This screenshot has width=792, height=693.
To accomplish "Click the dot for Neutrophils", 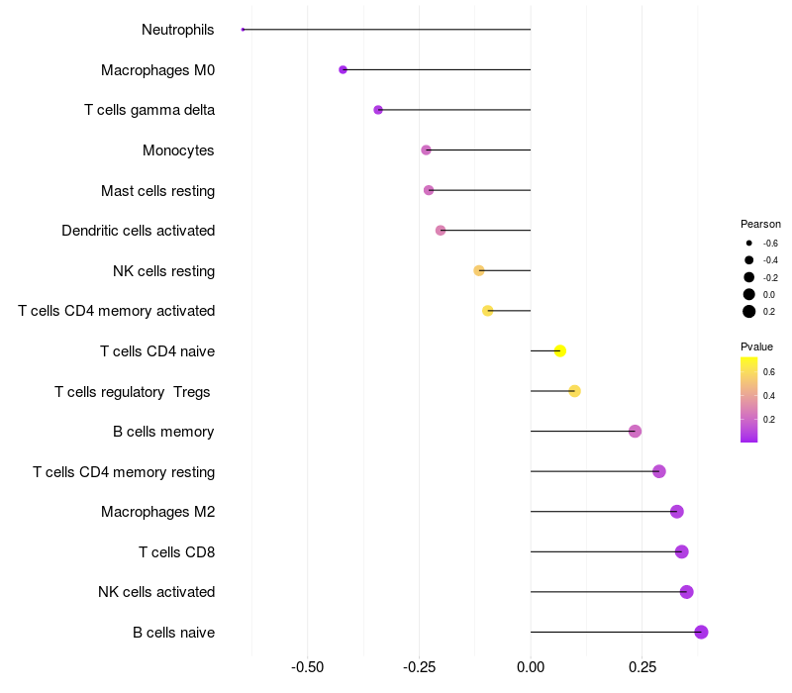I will (243, 30).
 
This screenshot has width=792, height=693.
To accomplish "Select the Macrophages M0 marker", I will (343, 69).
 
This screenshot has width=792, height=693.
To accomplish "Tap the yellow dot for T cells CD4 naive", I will (560, 350).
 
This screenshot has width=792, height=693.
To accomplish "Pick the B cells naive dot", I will (701, 632).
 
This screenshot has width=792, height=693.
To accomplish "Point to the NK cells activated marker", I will (686, 592).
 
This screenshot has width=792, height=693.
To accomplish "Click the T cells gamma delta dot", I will (378, 110).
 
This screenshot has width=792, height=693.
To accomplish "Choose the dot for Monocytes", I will (426, 150).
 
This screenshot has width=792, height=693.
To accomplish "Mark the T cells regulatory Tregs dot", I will (574, 391).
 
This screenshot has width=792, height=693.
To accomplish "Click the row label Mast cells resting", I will (157, 190).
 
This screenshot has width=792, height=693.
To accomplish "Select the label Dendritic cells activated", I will (138, 231).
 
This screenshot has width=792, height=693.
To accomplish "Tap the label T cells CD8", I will (176, 551).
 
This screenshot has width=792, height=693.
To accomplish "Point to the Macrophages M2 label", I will (157, 512).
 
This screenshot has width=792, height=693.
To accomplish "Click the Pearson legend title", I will (760, 224).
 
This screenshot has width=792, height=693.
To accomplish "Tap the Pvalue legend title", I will (756, 346).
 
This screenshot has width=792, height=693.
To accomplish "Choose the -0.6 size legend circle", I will (749, 243).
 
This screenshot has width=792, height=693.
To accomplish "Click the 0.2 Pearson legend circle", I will (749, 311).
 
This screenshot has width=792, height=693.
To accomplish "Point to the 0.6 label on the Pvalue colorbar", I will (769, 372).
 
